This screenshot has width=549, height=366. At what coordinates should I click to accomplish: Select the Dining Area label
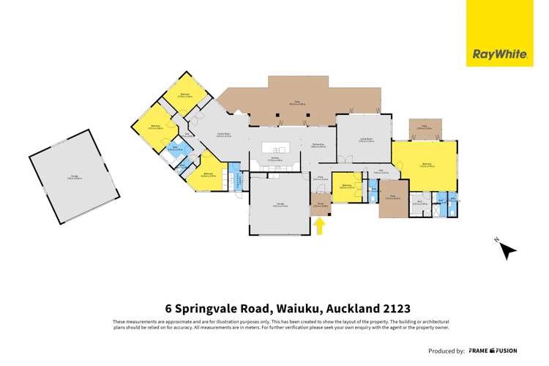318,146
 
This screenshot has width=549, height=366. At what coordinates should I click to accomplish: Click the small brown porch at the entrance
321,206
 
